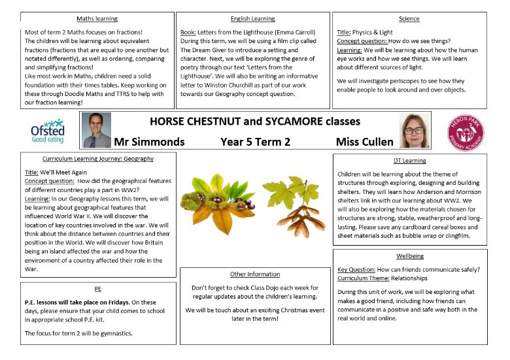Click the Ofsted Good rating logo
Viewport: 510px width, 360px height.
tap(48, 131)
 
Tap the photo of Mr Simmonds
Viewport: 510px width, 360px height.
tap(97, 130)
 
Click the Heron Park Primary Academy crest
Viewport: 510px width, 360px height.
tap(466, 129)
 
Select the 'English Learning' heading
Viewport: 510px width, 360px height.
tap(253, 19)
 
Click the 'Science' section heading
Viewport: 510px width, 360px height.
tap(409, 19)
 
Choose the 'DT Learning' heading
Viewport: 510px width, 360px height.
tap(410, 160)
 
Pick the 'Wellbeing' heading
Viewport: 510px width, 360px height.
tap(410, 255)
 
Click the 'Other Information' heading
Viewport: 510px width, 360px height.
tap(255, 274)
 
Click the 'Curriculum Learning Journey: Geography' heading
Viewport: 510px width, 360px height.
tap(98, 159)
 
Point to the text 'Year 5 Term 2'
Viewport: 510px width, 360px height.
tap(256, 142)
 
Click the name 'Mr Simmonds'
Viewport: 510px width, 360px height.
tap(149, 142)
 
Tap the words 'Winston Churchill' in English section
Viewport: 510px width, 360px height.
tap(233, 84)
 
